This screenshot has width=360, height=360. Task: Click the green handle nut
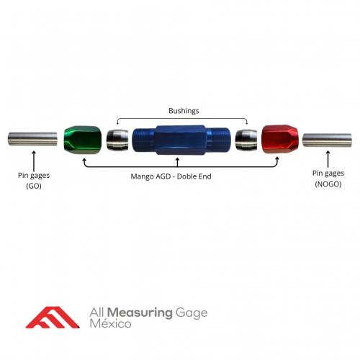[83, 140]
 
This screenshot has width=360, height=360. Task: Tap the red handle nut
[280, 139]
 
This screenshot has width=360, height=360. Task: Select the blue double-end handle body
[181, 140]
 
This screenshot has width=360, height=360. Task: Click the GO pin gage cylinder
[32, 139]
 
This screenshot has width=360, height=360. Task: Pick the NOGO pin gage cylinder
[327, 140]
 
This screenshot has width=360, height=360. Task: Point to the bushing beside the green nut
[117, 140]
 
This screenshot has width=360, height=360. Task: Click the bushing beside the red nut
[246, 140]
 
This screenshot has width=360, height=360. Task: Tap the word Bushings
[184, 111]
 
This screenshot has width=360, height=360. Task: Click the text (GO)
[34, 186]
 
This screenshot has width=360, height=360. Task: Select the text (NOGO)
[328, 184]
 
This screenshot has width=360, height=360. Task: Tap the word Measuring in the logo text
[140, 312]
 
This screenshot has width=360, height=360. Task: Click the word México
[110, 324]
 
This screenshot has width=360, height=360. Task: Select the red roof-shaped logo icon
[53, 318]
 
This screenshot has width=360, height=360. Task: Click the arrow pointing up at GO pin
[34, 161]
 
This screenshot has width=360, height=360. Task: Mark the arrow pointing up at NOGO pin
[328, 159]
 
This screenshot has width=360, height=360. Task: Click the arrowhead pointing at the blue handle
[177, 159]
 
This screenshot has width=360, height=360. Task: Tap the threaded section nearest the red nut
[218, 140]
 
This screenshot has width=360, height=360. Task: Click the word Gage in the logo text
[192, 313]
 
